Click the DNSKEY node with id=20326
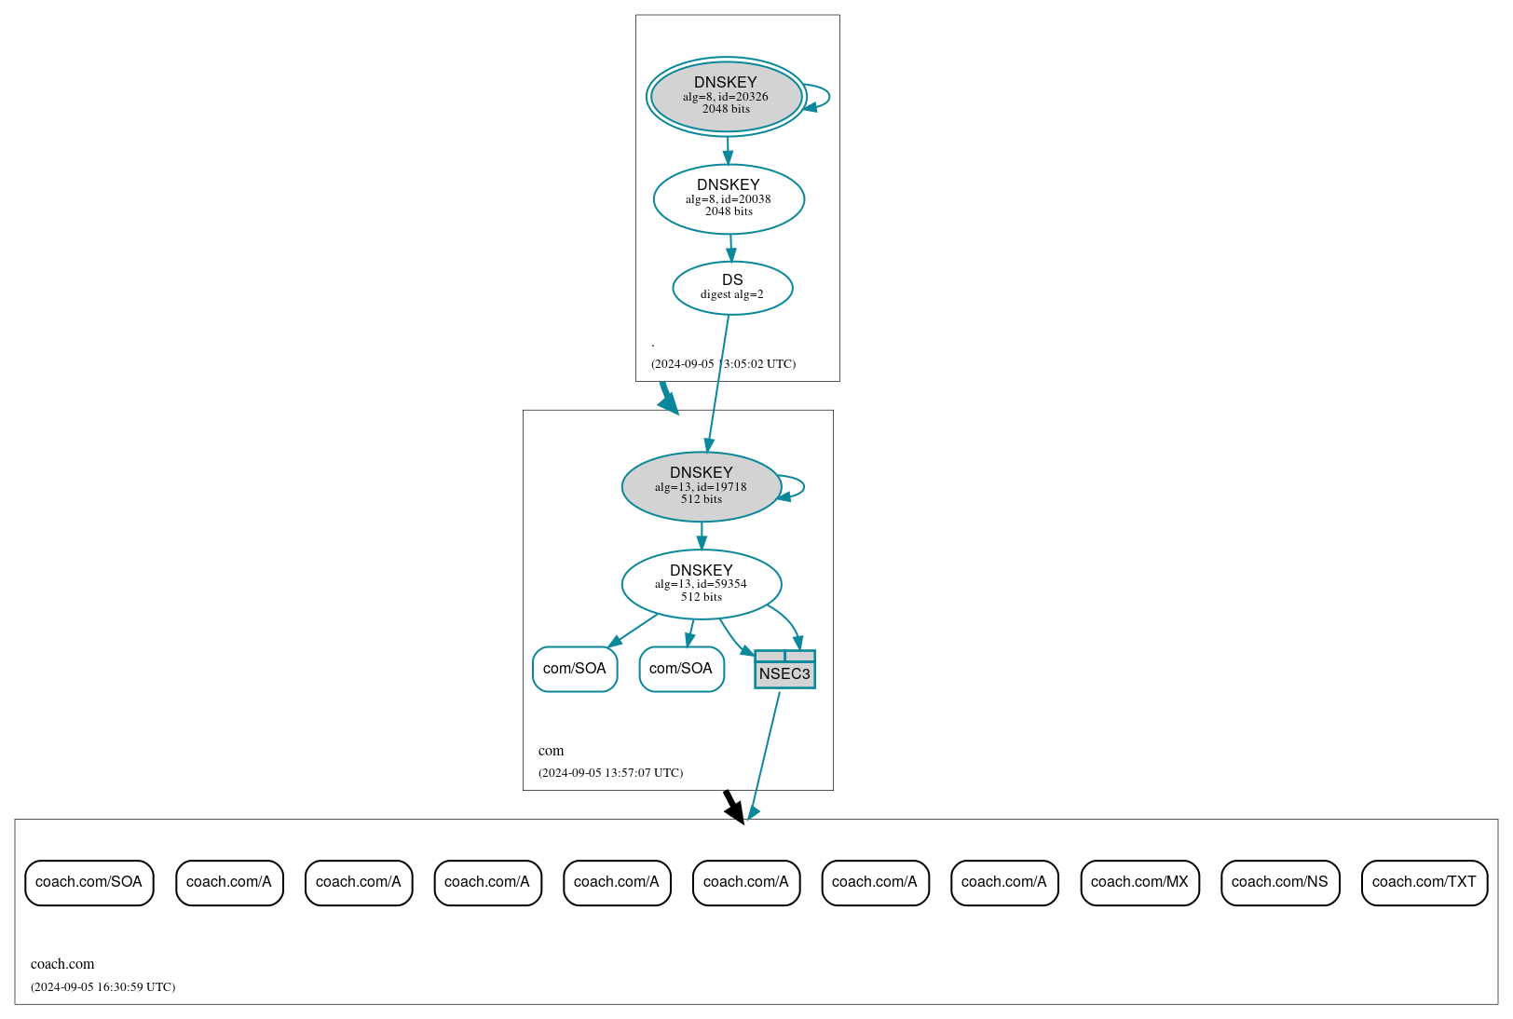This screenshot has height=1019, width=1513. click(726, 96)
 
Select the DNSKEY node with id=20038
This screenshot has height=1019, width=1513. click(729, 198)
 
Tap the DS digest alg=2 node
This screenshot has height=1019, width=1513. click(732, 288)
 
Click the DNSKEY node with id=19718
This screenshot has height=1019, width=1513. click(701, 486)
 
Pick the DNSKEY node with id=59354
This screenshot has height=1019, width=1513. click(701, 584)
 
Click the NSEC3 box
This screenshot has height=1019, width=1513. click(784, 671)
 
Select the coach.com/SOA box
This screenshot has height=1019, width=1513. click(89, 882)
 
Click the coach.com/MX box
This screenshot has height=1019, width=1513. click(1139, 882)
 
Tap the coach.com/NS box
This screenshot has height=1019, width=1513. click(1279, 882)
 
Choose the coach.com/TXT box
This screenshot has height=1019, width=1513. click(1424, 882)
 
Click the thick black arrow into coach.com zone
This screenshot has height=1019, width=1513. click(734, 807)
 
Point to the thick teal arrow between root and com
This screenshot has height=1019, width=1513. click(668, 398)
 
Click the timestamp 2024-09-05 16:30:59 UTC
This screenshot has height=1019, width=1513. click(102, 986)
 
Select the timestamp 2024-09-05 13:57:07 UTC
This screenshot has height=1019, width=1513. click(610, 772)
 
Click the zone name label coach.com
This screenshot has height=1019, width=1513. click(62, 964)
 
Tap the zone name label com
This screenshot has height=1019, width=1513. click(551, 751)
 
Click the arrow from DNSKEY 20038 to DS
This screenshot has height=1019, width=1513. click(730, 248)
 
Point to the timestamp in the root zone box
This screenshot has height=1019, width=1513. click(723, 364)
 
